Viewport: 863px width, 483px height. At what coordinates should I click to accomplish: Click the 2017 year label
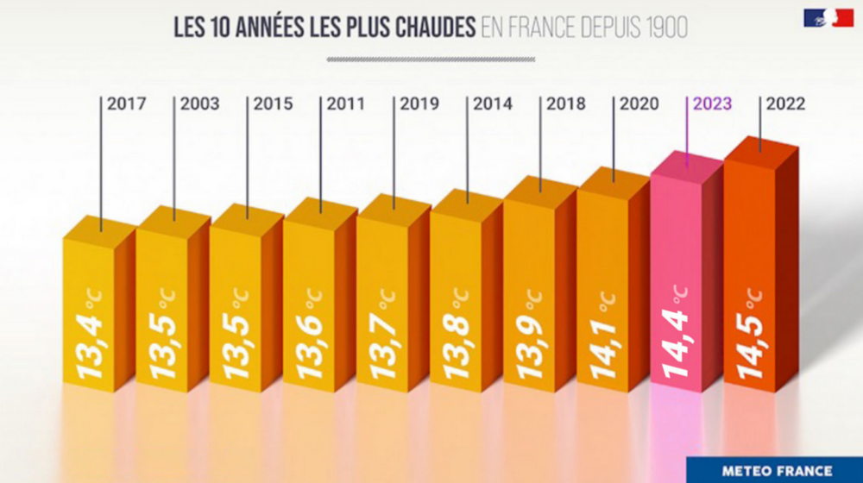pos(127,104)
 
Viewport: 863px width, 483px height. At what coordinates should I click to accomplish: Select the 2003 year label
pos(200,104)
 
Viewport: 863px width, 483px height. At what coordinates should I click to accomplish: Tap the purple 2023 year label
pos(712,104)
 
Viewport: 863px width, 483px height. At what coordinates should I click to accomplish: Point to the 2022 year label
pos(785,104)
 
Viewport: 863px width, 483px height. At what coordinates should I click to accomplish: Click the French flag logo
pos(828,17)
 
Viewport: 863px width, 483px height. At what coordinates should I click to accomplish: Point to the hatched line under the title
pos(431,60)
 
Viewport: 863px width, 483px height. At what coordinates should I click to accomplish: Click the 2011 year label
pos(346,104)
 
